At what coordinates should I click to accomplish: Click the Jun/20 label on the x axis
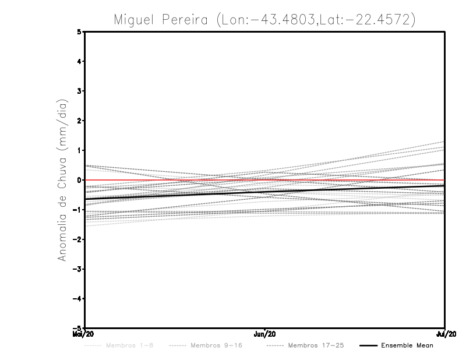(265, 334)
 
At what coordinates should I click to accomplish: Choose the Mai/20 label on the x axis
(84, 334)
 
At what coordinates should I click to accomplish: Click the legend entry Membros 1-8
(130, 345)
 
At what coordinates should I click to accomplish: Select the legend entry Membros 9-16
(216, 345)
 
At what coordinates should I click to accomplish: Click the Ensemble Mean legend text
(407, 345)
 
